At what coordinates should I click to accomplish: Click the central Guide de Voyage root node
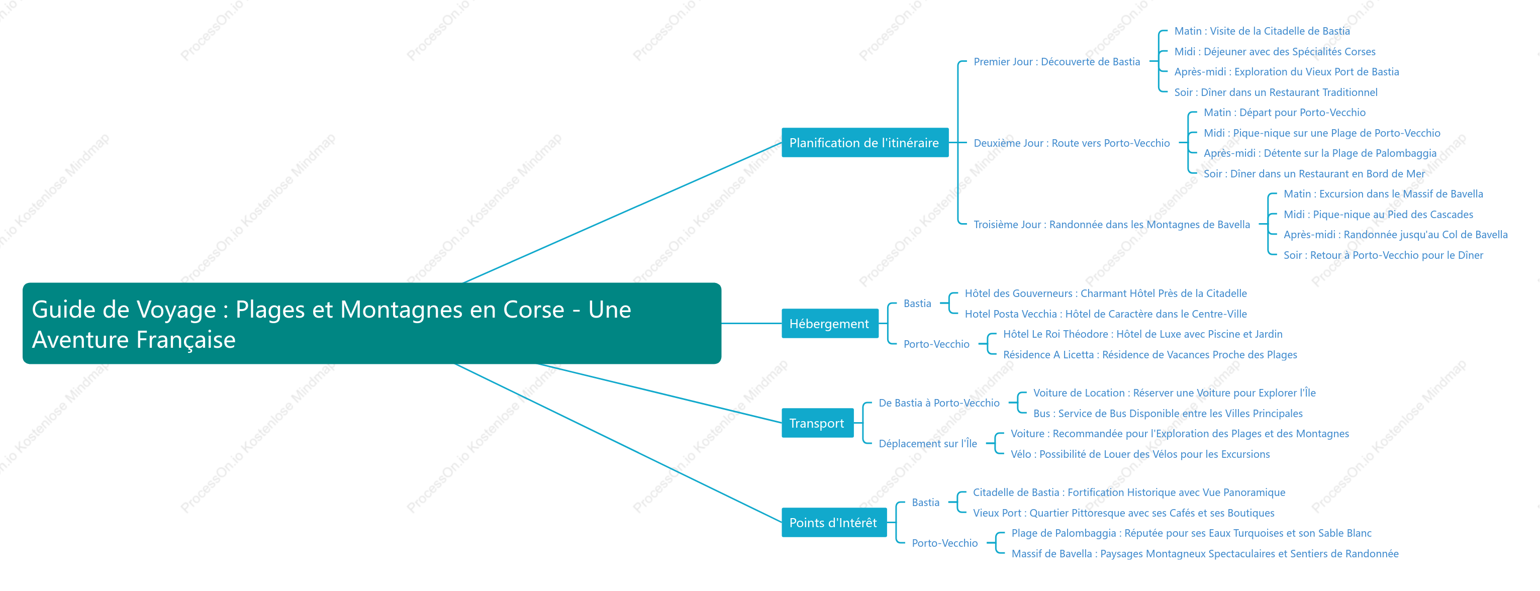point(372,323)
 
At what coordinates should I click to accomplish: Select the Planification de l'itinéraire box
point(864,143)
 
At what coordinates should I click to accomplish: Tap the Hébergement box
point(830,324)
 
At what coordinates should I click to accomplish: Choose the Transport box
point(817,423)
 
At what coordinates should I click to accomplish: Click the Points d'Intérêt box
point(834,523)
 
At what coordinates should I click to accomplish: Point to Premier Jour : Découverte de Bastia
point(1056,61)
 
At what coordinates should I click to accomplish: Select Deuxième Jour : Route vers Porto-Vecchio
point(1071,143)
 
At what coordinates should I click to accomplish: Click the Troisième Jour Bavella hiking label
point(1111,225)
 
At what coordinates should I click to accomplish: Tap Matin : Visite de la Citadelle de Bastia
point(1262,31)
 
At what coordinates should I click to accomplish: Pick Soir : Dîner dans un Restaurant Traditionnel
point(1276,92)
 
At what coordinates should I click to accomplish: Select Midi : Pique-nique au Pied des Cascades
point(1378,215)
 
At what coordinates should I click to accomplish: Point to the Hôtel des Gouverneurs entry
point(1105,293)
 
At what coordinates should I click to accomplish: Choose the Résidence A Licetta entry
point(1149,355)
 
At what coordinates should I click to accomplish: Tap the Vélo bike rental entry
point(1140,454)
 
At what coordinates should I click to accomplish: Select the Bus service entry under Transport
point(1168,414)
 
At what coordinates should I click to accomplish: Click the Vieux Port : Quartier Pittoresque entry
point(1123,513)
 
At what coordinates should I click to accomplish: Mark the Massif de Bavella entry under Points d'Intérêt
point(1205,554)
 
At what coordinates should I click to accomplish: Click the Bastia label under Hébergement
point(917,304)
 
